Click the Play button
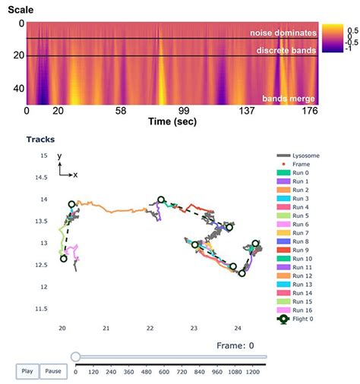tap(27, 372)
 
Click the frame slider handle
tap(75, 356)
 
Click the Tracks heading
tap(39, 140)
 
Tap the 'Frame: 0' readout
tap(237, 345)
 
